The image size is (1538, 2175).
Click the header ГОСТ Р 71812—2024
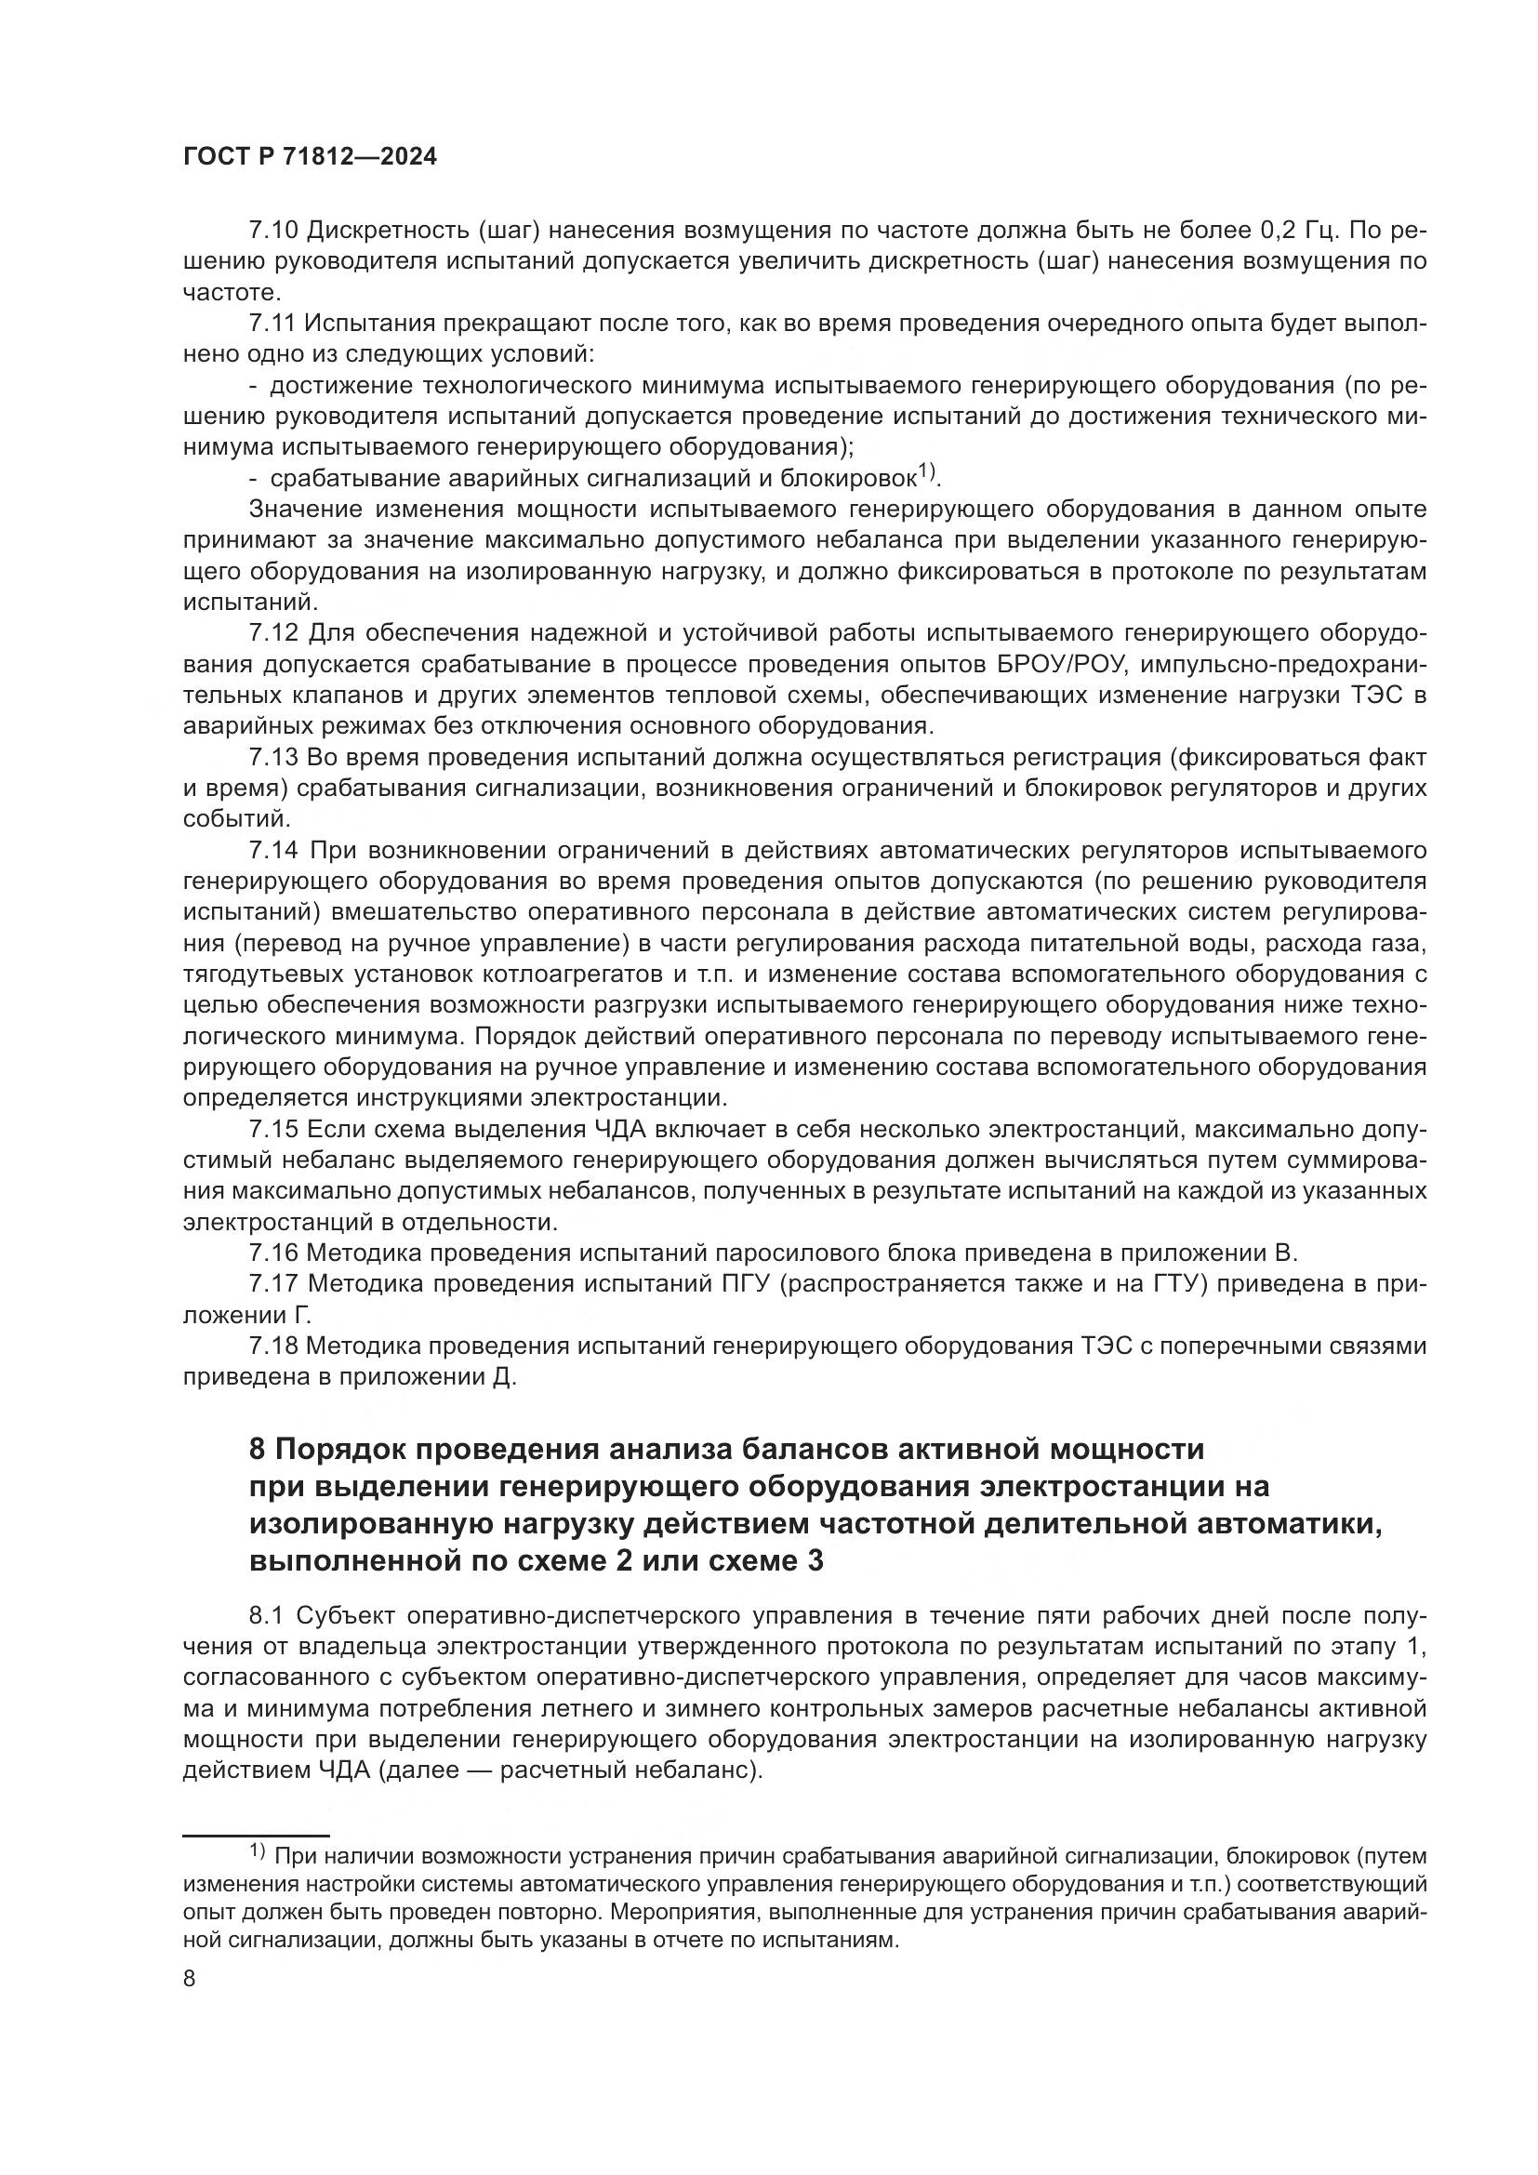pyautogui.click(x=310, y=157)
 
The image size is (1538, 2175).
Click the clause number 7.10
pyautogui.click(x=273, y=231)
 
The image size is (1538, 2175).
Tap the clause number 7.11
pyautogui.click(x=272, y=324)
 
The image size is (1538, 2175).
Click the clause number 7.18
pyautogui.click(x=273, y=1346)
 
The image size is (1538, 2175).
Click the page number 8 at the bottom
pyautogui.click(x=190, y=1979)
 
